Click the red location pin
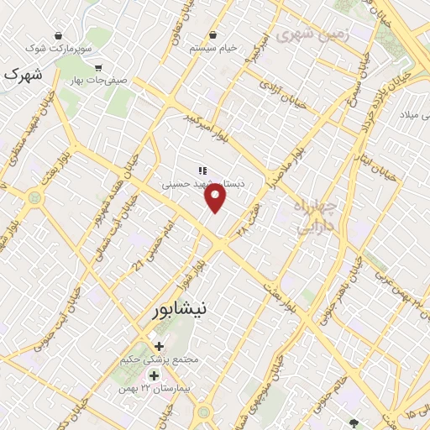(216, 197)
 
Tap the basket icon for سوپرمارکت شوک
(58, 35)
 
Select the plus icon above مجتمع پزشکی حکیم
(159, 345)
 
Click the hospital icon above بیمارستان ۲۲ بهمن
(153, 375)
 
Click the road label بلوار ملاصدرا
(285, 172)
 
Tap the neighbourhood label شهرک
(23, 74)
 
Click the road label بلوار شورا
(196, 269)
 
